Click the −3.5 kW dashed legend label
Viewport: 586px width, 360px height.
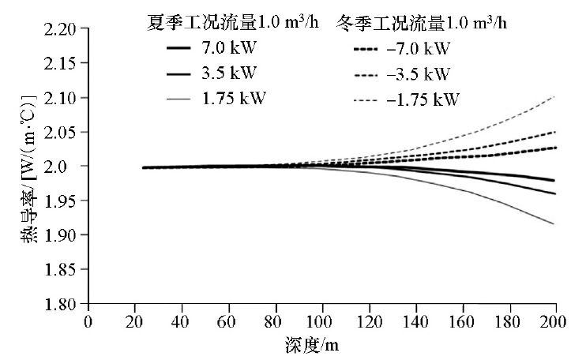click(422, 74)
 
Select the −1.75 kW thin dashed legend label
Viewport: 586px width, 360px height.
click(426, 99)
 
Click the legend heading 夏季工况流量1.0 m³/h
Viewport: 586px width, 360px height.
click(234, 22)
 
